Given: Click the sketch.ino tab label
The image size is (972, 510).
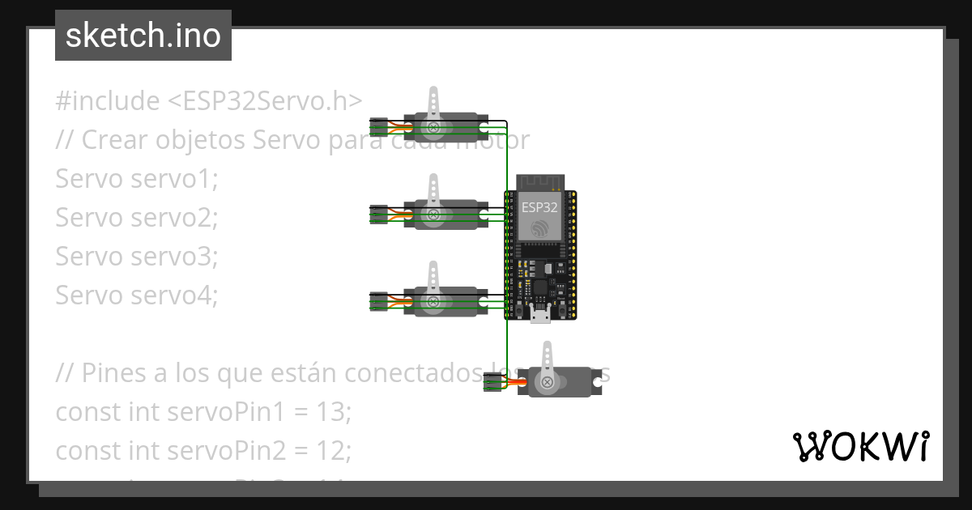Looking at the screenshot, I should click(x=143, y=36).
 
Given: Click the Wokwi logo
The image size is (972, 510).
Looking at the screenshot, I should click(x=860, y=446).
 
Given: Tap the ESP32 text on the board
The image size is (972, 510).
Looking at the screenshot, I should click(x=539, y=206).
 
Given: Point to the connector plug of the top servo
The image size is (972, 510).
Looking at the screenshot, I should click(x=377, y=127).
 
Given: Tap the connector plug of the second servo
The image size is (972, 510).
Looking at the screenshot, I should click(x=377, y=214).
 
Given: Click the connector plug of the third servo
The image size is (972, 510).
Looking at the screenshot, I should click(x=377, y=301).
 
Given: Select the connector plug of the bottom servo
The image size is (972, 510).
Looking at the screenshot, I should click(x=492, y=382).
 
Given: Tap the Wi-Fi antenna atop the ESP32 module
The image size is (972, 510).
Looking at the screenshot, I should click(x=539, y=181).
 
